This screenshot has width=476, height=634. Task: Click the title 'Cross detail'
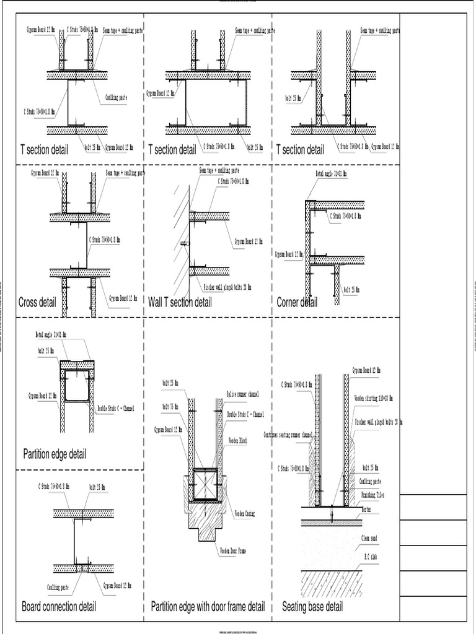pyautogui.click(x=37, y=303)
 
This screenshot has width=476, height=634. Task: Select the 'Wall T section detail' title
pyautogui.click(x=180, y=302)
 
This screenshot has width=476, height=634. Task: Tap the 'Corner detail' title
pyautogui.click(x=297, y=302)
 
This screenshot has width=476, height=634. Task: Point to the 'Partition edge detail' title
pyautogui.click(x=55, y=454)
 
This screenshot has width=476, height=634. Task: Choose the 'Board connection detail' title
pyautogui.click(x=59, y=606)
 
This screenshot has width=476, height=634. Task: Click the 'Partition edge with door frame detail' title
pyautogui.click(x=208, y=606)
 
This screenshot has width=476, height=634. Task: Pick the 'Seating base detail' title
pyautogui.click(x=312, y=606)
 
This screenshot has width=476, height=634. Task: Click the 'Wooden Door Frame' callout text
pyautogui.click(x=233, y=550)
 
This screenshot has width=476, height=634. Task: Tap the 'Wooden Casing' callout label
pyautogui.click(x=245, y=513)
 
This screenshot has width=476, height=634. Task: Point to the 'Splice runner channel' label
pyautogui.click(x=242, y=394)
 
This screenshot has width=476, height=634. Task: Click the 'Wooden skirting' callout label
pyautogui.click(x=373, y=398)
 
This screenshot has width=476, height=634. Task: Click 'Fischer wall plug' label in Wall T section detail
pyautogui.click(x=228, y=287)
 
